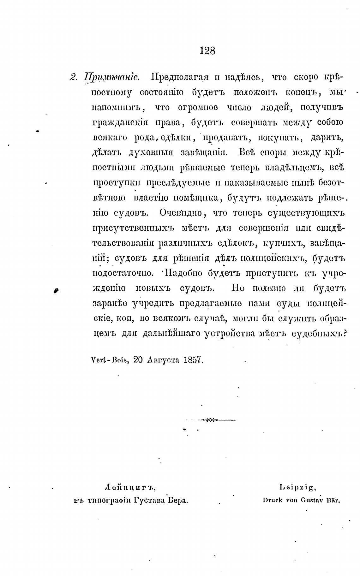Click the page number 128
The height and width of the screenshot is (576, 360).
pos(207,50)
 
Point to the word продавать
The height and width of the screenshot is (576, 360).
pos(224,138)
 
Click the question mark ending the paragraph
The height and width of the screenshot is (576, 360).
pos(345,333)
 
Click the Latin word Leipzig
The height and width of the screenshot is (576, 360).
pos(298,488)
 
